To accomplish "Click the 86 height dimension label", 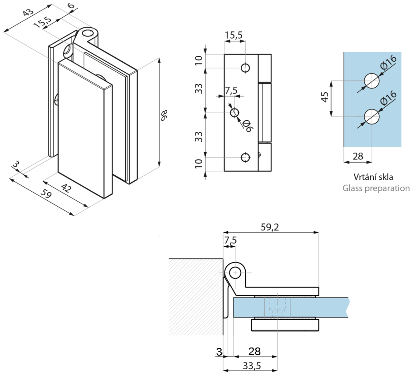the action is click(164, 115).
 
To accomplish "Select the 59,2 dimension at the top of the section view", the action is click(270, 227).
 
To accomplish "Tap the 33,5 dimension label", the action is click(252, 366).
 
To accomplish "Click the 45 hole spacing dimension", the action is click(325, 97).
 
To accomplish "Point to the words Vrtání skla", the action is click(373, 177).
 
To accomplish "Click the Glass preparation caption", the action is click(376, 188).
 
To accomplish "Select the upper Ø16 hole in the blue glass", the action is click(372, 81).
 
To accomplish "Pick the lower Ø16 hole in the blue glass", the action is click(372, 116).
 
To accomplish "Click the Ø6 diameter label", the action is click(248, 126).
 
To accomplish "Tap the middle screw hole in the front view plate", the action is click(235, 113).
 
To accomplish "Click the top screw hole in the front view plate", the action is click(245, 68).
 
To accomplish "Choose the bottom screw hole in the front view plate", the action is click(245, 158).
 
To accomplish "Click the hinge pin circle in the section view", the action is click(235, 273).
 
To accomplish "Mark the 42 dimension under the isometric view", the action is click(66, 188).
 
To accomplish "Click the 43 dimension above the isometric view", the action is click(28, 12).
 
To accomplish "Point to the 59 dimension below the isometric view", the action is click(46, 194).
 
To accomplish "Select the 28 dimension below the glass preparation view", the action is click(358, 156).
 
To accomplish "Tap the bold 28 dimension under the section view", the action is click(254, 351).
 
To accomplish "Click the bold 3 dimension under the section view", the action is click(219, 352).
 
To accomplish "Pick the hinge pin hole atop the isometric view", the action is click(88, 33).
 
